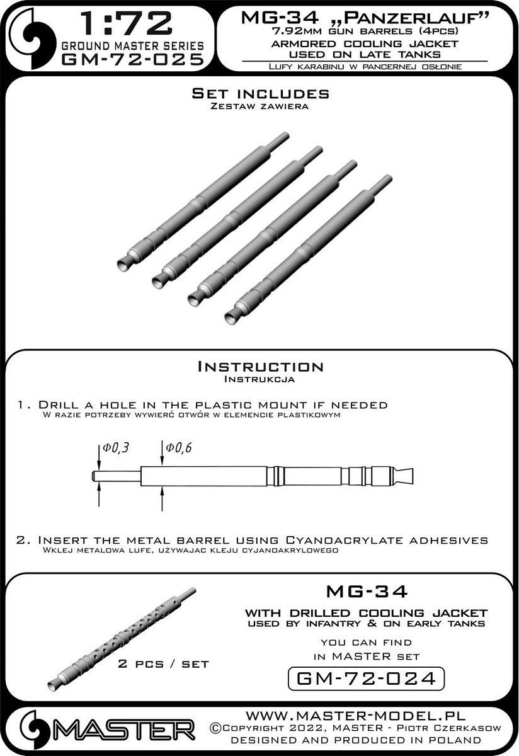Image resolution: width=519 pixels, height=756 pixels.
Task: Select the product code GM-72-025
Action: click(x=133, y=60)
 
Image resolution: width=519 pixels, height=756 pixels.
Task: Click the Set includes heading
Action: click(x=261, y=93)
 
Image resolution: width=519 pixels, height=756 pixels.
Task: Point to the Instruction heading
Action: click(x=260, y=367)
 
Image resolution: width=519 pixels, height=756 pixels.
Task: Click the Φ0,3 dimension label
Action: click(x=116, y=447)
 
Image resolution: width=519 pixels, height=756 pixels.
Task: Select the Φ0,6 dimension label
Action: click(x=178, y=447)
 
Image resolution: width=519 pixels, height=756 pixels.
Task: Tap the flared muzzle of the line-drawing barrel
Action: click(x=403, y=476)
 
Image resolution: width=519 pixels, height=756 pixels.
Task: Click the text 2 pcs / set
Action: click(x=164, y=664)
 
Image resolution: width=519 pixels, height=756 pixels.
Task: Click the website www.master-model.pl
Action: click(x=356, y=716)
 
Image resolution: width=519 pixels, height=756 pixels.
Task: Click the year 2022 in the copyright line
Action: click(x=309, y=728)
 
